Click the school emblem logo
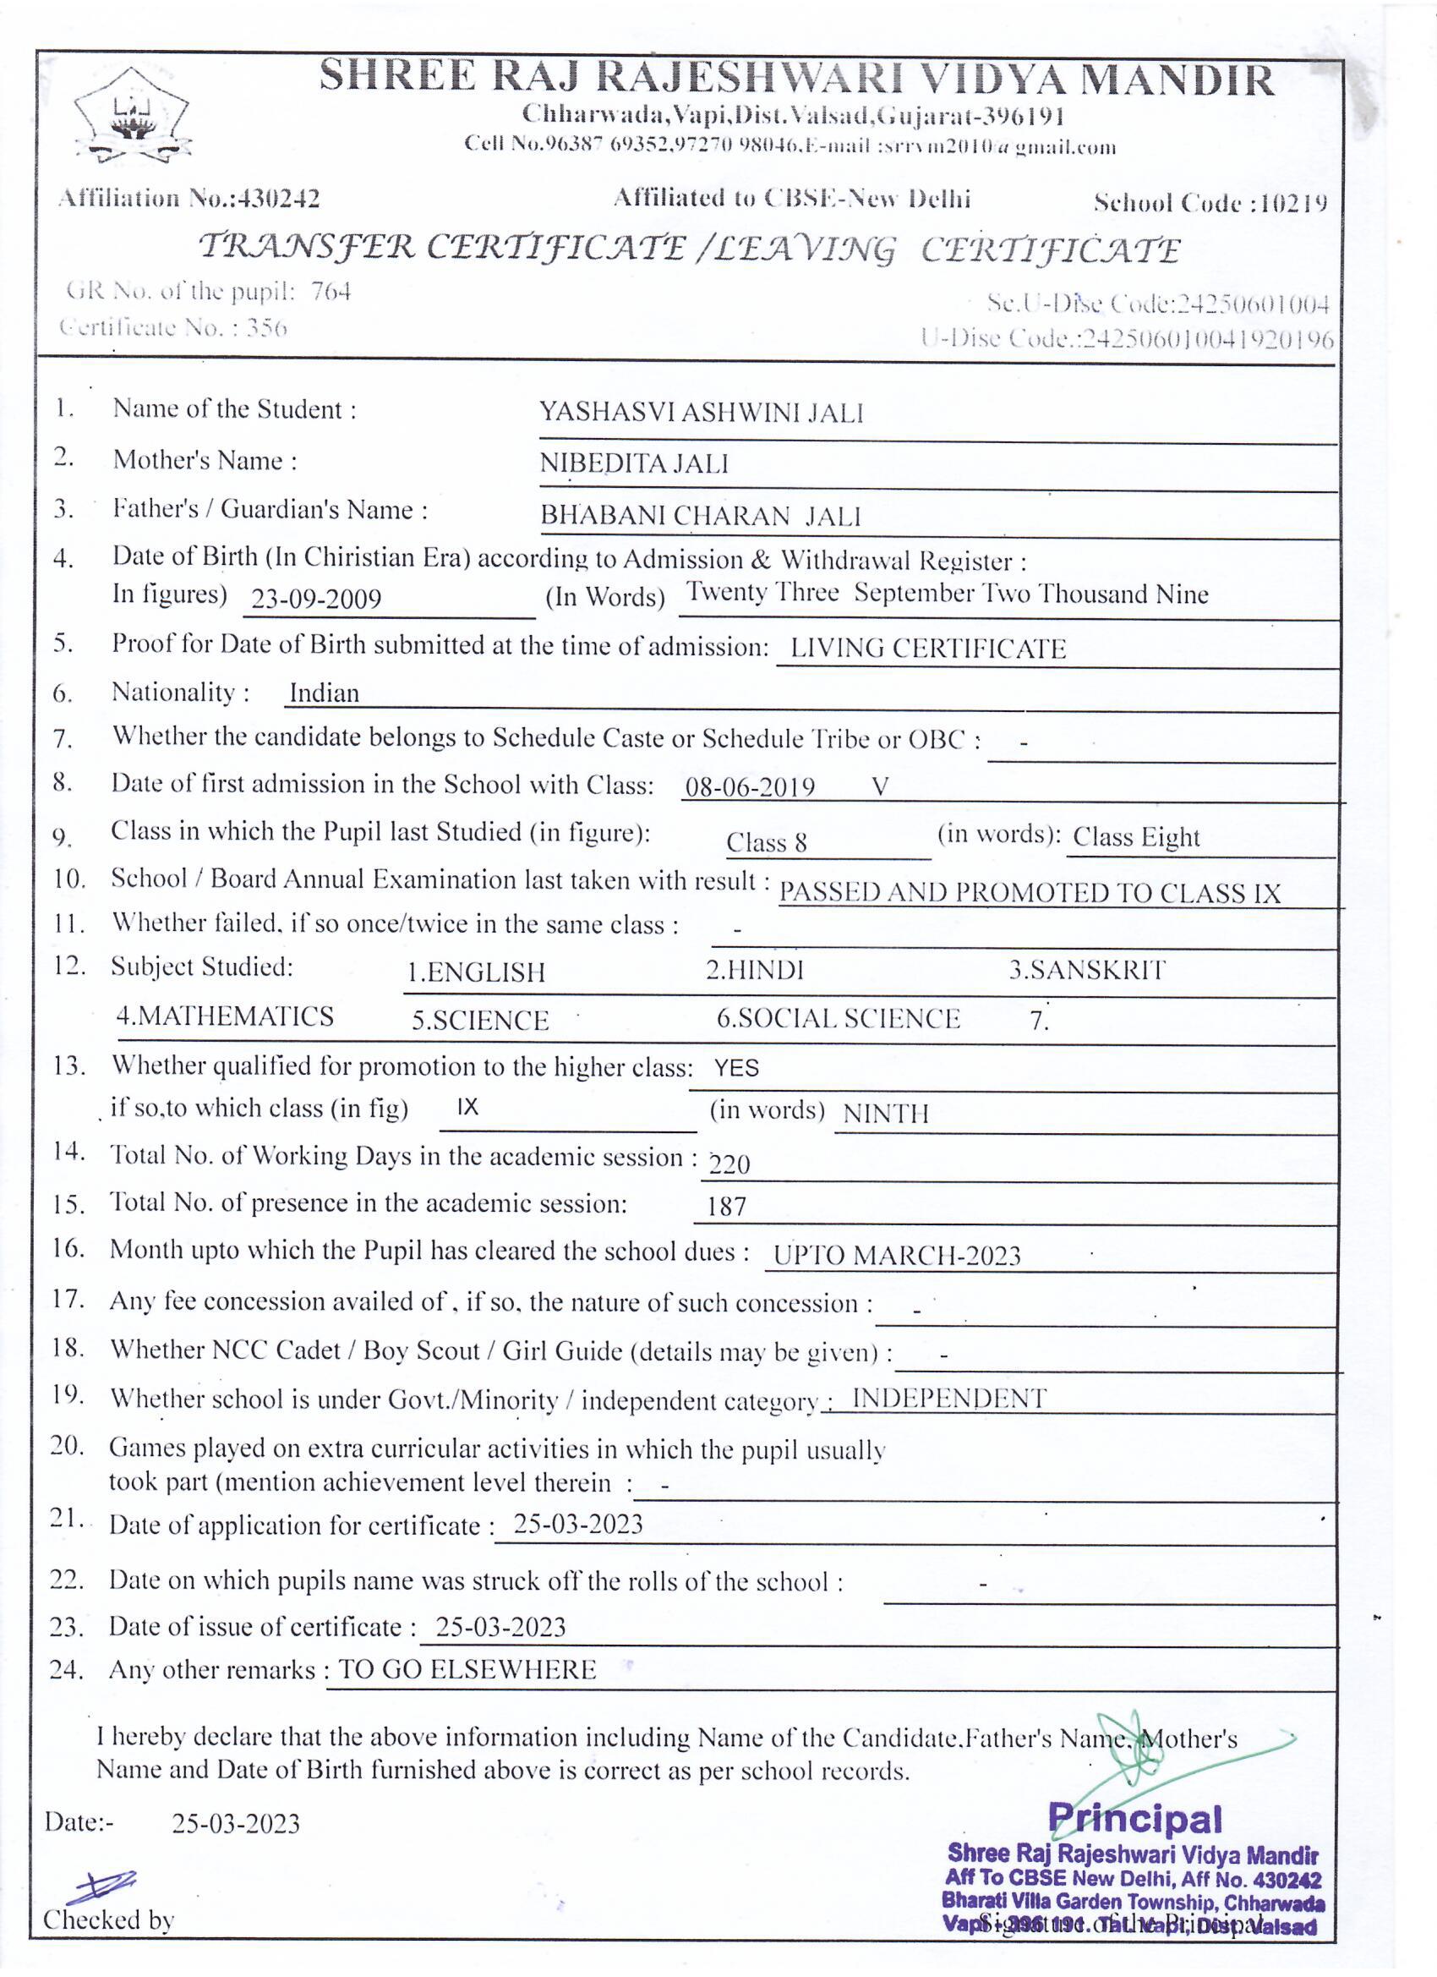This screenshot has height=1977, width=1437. point(133,116)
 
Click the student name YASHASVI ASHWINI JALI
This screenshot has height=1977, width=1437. point(701,413)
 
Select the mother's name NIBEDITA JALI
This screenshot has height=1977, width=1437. point(633,463)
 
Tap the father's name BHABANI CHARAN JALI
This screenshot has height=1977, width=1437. point(700,516)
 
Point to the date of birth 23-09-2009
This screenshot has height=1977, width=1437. point(315,599)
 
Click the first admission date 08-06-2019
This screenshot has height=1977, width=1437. point(750,788)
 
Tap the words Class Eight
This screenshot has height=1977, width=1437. point(1135,838)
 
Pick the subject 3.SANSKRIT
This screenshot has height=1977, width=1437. point(1086,970)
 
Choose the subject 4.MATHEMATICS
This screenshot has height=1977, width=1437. point(225,1016)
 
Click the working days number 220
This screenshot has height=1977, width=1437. point(729,1164)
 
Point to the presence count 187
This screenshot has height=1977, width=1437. point(726,1208)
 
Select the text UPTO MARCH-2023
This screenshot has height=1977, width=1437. point(896,1256)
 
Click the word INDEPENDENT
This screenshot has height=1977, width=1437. point(948,1399)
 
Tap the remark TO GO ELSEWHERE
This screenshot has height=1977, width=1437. point(467,1670)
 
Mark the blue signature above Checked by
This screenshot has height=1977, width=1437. point(101,1886)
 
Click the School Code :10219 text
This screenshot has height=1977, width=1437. point(1210,204)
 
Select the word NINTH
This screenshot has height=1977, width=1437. point(885,1114)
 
